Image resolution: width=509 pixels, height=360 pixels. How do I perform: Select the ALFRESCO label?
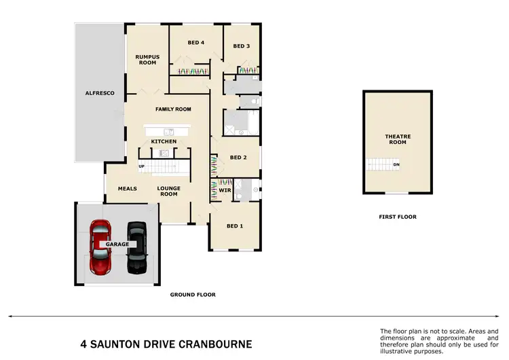pyautogui.click(x=100, y=92)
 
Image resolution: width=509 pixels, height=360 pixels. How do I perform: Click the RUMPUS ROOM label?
pyautogui.click(x=146, y=60)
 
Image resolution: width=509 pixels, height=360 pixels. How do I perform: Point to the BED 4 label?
pyautogui.click(x=196, y=43)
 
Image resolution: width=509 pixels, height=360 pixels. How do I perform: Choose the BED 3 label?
pyautogui.click(x=242, y=46)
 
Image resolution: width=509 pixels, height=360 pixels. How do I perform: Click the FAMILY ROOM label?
pyautogui.click(x=173, y=109)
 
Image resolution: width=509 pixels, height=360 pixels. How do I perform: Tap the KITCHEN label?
pyautogui.click(x=164, y=141)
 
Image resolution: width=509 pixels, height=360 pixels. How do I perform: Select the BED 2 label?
pyautogui.click(x=238, y=158)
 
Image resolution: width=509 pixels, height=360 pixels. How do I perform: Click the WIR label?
pyautogui.click(x=225, y=190)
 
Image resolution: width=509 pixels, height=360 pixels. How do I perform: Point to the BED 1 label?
pyautogui.click(x=234, y=226)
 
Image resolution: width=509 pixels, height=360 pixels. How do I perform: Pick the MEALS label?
pyautogui.click(x=128, y=189)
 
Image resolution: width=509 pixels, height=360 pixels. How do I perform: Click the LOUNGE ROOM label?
pyautogui.click(x=168, y=192)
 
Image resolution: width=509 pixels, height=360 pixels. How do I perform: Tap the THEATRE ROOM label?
pyautogui.click(x=398, y=139)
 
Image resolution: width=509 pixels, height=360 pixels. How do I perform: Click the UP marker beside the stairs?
pyautogui.click(x=142, y=166)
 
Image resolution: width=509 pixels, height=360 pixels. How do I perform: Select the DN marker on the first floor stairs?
pyautogui.click(x=396, y=165)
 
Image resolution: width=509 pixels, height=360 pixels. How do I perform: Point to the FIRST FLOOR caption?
pyautogui.click(x=398, y=217)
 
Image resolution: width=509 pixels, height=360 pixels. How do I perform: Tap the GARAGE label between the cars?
pyautogui.click(x=116, y=244)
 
